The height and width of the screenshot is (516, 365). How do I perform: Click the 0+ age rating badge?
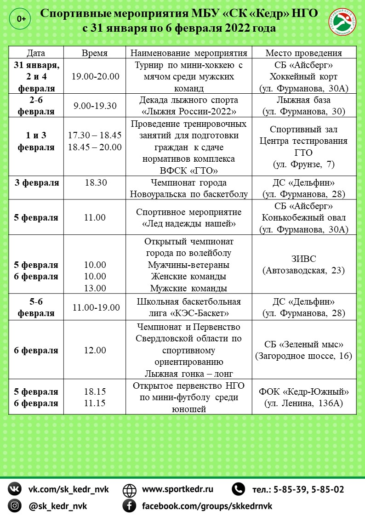click(21, 18)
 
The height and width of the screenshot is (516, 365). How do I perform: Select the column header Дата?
click(36, 52)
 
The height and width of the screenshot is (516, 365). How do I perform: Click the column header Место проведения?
click(303, 52)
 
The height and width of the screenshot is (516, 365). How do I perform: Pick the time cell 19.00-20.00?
click(95, 76)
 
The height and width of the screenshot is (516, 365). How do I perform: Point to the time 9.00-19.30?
click(95, 106)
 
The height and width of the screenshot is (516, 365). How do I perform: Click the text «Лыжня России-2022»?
click(188, 111)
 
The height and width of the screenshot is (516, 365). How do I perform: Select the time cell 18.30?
click(95, 182)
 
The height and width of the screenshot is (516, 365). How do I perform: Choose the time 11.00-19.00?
click(95, 307)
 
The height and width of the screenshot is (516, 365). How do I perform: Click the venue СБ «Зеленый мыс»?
click(303, 345)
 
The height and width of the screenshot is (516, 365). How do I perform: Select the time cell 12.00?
click(95, 350)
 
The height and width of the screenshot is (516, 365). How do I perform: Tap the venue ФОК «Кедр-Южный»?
click(303, 391)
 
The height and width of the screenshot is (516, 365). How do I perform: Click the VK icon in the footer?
click(15, 489)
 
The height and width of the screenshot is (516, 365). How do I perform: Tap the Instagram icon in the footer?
click(15, 506)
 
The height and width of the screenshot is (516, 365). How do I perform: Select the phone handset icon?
click(238, 489)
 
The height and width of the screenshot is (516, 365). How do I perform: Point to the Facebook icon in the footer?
click(129, 506)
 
